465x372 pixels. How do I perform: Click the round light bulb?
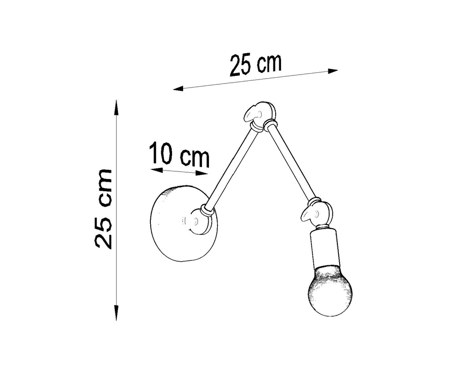coord(330,292)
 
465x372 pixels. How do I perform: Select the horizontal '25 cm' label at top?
coord(255,65)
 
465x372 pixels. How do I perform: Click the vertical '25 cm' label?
coord(104,208)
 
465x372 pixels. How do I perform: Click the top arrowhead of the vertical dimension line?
coord(117,105)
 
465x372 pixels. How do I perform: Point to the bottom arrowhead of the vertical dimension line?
coord(117,314)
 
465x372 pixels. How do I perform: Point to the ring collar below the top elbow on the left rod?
coord(257,127)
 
